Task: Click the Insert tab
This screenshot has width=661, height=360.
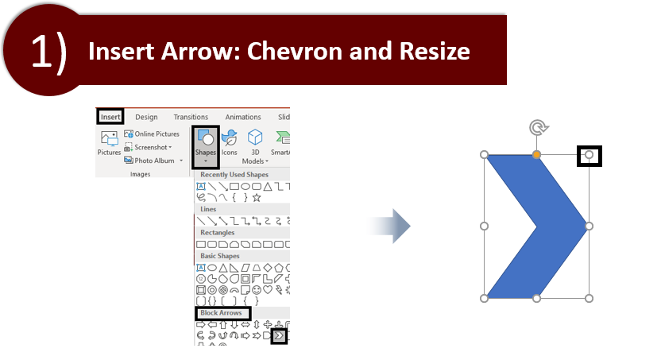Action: (110, 117)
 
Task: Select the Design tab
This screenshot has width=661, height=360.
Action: (146, 117)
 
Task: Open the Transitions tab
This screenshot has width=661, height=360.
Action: (191, 117)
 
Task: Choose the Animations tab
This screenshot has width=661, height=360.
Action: (243, 117)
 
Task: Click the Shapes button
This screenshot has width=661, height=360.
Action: (205, 146)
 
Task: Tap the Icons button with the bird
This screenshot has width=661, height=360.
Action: (230, 143)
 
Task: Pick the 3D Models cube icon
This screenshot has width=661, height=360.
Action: (255, 137)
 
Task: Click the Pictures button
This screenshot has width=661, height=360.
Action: (109, 143)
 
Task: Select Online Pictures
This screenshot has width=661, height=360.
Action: (152, 134)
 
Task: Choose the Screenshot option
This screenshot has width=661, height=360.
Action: (148, 147)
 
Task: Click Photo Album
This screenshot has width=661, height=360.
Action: (153, 161)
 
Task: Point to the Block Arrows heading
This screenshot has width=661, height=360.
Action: (222, 313)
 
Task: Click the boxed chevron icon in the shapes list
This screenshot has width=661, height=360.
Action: (279, 336)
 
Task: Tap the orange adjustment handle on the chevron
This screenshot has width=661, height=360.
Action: (536, 155)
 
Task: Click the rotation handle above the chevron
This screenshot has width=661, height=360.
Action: (539, 127)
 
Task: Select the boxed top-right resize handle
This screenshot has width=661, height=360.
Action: (589, 155)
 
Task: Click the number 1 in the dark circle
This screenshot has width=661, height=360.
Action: (41, 52)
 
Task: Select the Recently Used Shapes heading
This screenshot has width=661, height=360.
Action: (234, 175)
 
